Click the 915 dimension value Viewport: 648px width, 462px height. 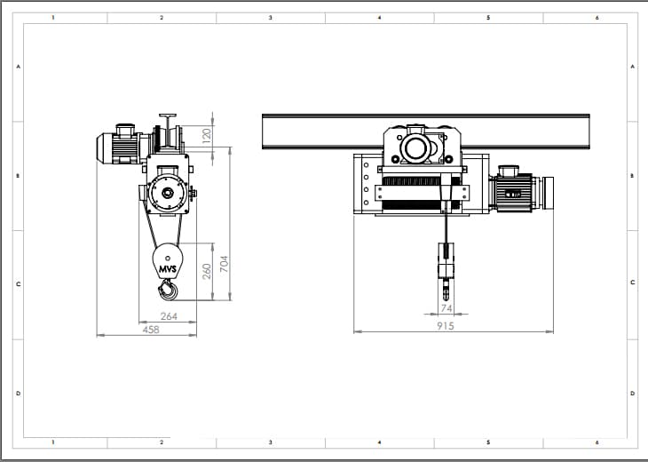pyautogui.click(x=446, y=326)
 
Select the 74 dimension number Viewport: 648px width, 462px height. pyautogui.click(x=446, y=308)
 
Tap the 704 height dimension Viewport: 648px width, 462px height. pyautogui.click(x=224, y=264)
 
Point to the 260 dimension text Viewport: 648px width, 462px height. pyautogui.click(x=207, y=271)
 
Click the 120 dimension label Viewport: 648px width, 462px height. pyautogui.click(x=207, y=136)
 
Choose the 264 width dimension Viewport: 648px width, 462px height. pyautogui.click(x=169, y=316)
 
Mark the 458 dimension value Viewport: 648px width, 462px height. pyautogui.click(x=151, y=330)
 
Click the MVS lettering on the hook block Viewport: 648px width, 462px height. pyautogui.click(x=168, y=269)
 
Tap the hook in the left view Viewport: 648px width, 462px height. pyautogui.click(x=168, y=289)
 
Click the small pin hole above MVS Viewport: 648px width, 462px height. pyautogui.click(x=168, y=259)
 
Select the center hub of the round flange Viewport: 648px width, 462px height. pyautogui.click(x=168, y=193)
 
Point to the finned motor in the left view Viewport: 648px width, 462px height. pyautogui.click(x=119, y=145)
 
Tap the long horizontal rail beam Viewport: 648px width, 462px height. pyautogui.click(x=426, y=131)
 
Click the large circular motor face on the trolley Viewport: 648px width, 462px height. pyautogui.click(x=415, y=148)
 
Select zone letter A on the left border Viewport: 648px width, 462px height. pyautogui.click(x=18, y=66)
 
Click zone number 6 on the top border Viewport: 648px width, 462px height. pyautogui.click(x=597, y=18)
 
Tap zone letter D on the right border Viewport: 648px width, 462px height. pyautogui.click(x=632, y=394)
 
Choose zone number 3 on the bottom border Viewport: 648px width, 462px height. pyautogui.click(x=271, y=442)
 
